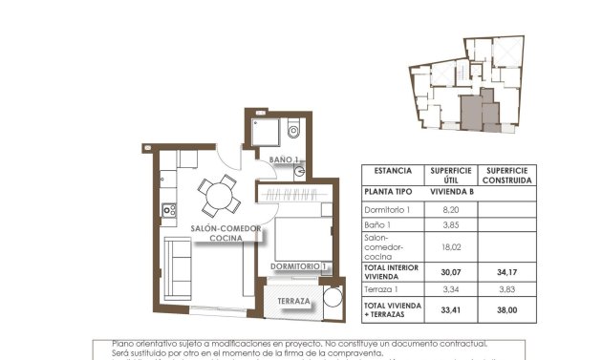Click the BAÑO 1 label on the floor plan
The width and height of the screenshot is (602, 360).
pyautogui.click(x=284, y=159)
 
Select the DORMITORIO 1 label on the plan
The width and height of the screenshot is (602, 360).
pyautogui.click(x=298, y=266)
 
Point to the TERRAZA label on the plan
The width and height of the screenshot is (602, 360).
pyautogui.click(x=293, y=302)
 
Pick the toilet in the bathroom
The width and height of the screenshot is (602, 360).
pyautogui.click(x=293, y=132)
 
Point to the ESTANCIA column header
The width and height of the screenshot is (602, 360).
pyautogui.click(x=393, y=171)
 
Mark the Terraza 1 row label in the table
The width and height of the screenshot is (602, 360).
pyautogui.click(x=382, y=289)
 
